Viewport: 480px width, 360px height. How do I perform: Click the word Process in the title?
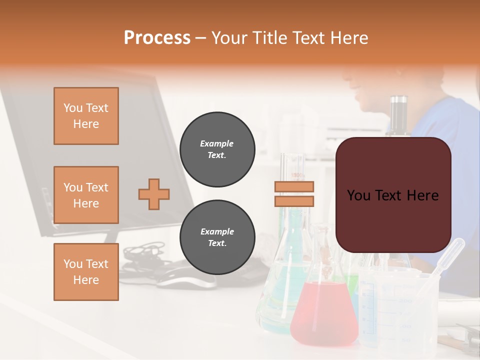tap(157, 38)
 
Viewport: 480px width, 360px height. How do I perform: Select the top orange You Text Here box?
tap(86, 116)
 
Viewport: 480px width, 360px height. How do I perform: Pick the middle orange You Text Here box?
tap(86, 195)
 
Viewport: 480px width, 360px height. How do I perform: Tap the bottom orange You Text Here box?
tap(86, 272)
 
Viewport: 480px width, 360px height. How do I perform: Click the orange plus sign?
tap(154, 194)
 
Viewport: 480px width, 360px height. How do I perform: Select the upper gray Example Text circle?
tap(217, 149)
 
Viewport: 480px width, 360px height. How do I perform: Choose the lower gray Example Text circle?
tap(217, 237)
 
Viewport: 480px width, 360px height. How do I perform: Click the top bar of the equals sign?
tap(294, 187)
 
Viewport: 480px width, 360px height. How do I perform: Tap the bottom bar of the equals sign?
tap(294, 201)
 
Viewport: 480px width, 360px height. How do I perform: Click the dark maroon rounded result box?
tap(393, 195)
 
